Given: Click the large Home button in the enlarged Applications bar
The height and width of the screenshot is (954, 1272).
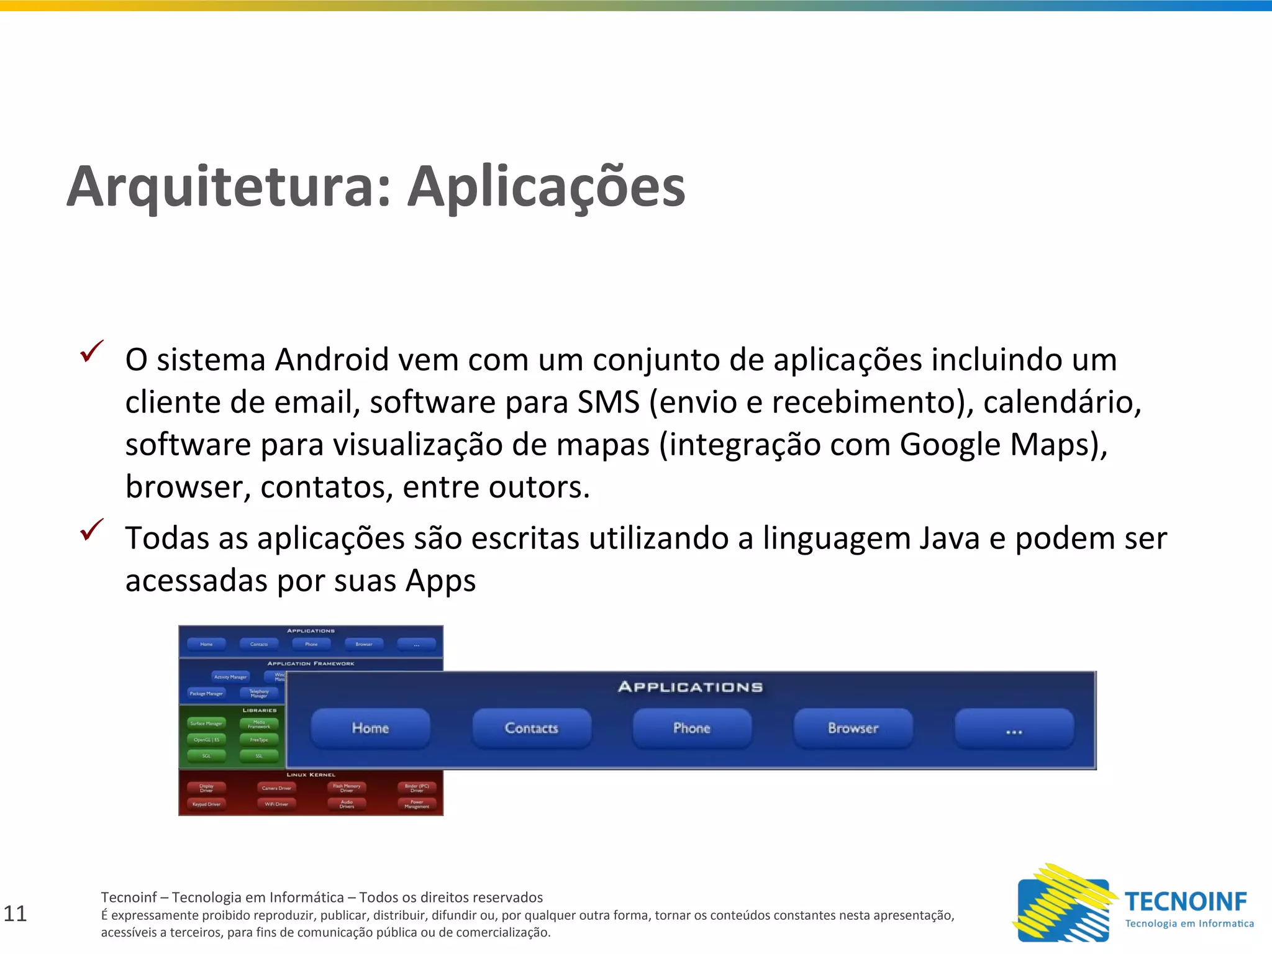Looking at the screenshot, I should point(370,728).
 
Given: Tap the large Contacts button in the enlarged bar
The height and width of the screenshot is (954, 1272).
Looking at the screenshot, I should point(531,728).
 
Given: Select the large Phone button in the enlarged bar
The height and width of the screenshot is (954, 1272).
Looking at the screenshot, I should point(692,728).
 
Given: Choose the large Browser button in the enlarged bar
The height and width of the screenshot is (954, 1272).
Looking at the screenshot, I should point(853,728).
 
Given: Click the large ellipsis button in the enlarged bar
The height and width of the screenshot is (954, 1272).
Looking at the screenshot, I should point(1014,729).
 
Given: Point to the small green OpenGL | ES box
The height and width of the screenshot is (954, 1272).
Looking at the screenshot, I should point(206,740).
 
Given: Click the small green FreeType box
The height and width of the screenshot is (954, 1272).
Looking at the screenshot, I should point(259,740).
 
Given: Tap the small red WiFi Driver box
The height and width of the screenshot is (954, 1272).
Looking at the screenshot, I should point(276,804).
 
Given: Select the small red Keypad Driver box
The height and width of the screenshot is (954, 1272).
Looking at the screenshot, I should point(206,804).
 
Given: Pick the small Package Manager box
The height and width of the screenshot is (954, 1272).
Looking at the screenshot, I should point(206,693).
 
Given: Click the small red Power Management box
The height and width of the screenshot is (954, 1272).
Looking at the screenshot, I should point(417,804).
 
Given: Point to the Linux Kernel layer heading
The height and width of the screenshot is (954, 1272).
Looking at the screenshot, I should point(311,775).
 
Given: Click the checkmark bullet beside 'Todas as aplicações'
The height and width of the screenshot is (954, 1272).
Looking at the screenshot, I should point(91,529).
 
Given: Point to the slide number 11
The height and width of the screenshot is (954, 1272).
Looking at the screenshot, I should point(15,914).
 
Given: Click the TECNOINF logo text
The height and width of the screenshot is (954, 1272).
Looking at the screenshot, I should point(1185,901).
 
